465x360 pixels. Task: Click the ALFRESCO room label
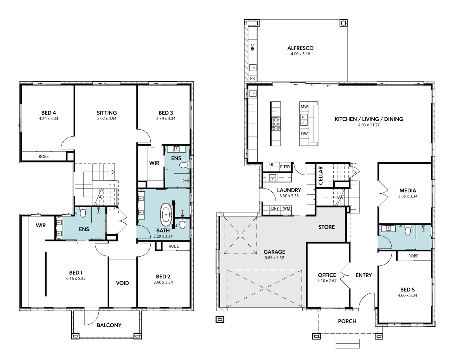pyautogui.click(x=300, y=48)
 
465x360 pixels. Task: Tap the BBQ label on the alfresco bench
pyautogui.click(x=253, y=47)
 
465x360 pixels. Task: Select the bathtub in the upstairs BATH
pyautogui.click(x=166, y=214)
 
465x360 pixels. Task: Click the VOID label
pyautogui.click(x=122, y=283)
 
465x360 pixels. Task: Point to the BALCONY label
pyautogui.click(x=109, y=325)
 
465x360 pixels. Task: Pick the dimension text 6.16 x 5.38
pyautogui.click(x=76, y=278)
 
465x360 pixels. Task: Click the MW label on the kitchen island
pyautogui.click(x=304, y=107)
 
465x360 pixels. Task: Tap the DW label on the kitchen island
pyautogui.click(x=304, y=134)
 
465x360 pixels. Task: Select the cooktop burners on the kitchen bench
pyautogui.click(x=276, y=123)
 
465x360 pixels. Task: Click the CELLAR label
pyautogui.click(x=320, y=175)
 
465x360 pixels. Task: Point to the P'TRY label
pyautogui.click(x=285, y=167)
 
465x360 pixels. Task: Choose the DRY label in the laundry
pyautogui.click(x=275, y=208)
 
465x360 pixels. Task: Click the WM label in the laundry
pyautogui.click(x=286, y=208)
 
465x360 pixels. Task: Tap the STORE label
pyautogui.click(x=327, y=227)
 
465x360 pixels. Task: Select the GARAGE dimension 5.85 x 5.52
pyautogui.click(x=274, y=257)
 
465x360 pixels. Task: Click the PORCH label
pyautogui.click(x=347, y=321)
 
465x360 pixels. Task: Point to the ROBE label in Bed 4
pyautogui.click(x=44, y=156)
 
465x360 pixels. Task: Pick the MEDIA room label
pyautogui.click(x=408, y=190)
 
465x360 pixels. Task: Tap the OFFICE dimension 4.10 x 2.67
pyautogui.click(x=327, y=281)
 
